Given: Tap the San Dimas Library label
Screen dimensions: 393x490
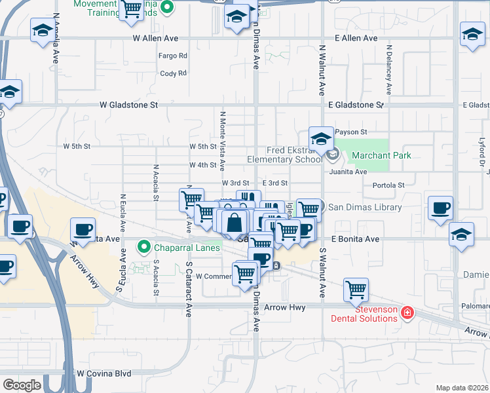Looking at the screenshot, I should coord(364,207).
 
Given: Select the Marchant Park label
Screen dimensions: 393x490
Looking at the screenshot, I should coord(381,155).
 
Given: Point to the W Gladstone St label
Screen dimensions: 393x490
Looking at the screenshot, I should coord(129,104).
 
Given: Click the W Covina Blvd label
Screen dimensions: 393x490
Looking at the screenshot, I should coord(104,373).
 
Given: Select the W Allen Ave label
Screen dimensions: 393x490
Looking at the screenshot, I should coord(155,39).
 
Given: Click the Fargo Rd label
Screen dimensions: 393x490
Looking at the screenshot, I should coord(173,56).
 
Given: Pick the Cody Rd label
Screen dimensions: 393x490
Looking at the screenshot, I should coord(173,73).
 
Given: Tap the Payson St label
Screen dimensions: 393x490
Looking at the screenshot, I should coord(351,132).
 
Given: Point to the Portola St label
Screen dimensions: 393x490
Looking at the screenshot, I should coord(388,185).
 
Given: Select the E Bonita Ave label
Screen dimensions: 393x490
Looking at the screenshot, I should coord(356,239).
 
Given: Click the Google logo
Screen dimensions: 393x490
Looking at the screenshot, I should coord(22,384).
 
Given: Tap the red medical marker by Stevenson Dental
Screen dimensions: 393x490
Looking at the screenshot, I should coord(407,313).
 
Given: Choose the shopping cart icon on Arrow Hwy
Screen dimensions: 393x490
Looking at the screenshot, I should coord(356,290).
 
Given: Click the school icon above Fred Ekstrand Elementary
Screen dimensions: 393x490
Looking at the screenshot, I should coord(321,138).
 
